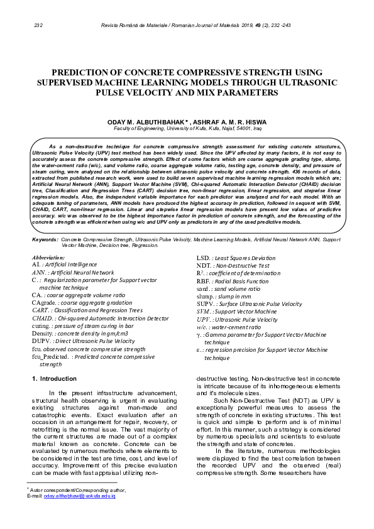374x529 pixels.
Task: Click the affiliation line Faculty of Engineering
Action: point(187,128)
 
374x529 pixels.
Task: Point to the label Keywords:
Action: point(45,240)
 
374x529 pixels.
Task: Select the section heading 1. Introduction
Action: point(54,378)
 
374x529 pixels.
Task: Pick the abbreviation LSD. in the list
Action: point(203,258)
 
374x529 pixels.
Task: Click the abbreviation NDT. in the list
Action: point(204,266)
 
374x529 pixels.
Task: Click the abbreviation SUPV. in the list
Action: point(206,303)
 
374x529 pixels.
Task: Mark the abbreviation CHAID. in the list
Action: point(41,318)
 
